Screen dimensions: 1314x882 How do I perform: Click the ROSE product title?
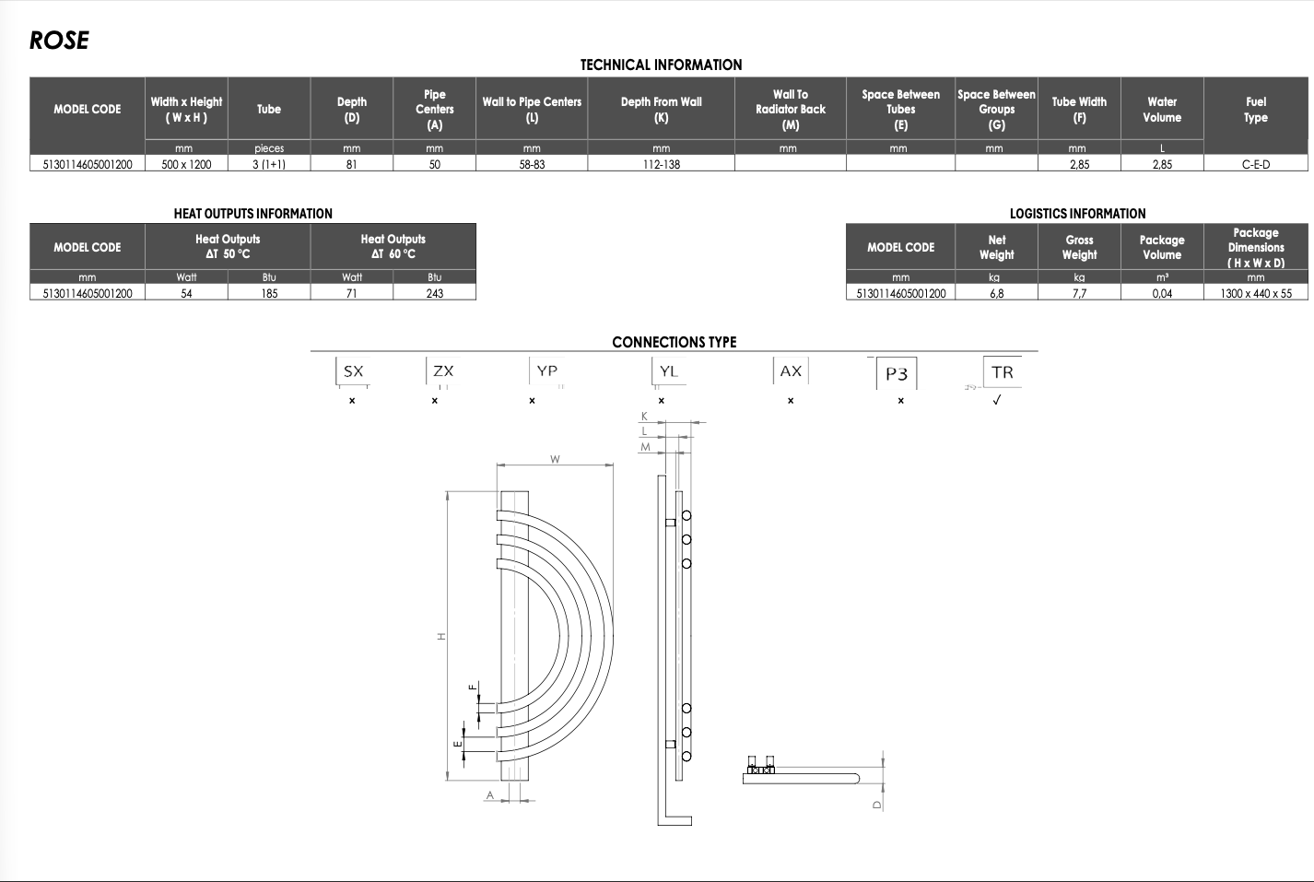click(59, 41)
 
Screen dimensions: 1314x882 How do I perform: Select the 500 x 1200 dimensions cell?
click(186, 164)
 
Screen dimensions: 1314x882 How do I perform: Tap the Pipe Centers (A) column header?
click(434, 109)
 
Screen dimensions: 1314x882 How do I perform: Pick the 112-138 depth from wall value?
click(661, 164)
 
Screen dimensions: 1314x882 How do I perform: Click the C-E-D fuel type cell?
click(1255, 164)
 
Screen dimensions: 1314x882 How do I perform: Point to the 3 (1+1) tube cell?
click(269, 164)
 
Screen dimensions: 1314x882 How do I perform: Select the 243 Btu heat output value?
click(434, 293)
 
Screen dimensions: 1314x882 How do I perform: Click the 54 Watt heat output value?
click(186, 293)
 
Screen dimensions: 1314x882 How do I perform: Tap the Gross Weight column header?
click(1079, 247)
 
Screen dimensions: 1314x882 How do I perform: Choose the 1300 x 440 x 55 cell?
click(1255, 293)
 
